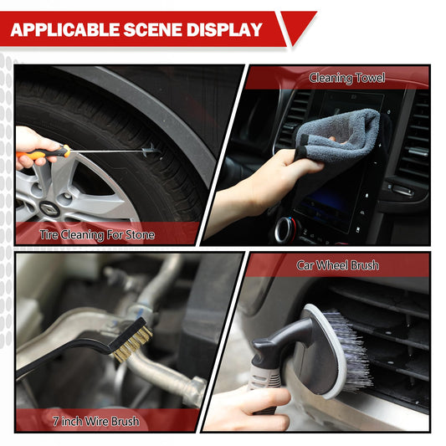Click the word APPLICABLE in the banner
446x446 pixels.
click(x=65, y=29)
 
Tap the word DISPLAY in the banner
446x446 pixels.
click(x=224, y=29)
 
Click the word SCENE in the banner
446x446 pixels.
click(x=153, y=29)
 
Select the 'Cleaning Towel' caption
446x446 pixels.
click(x=347, y=78)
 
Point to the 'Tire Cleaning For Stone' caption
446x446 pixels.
click(x=97, y=235)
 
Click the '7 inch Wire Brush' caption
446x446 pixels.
click(x=96, y=421)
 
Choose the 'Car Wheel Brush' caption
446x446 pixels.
click(x=337, y=265)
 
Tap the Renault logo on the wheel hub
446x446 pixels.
click(x=49, y=208)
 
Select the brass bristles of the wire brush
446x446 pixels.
click(x=133, y=344)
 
